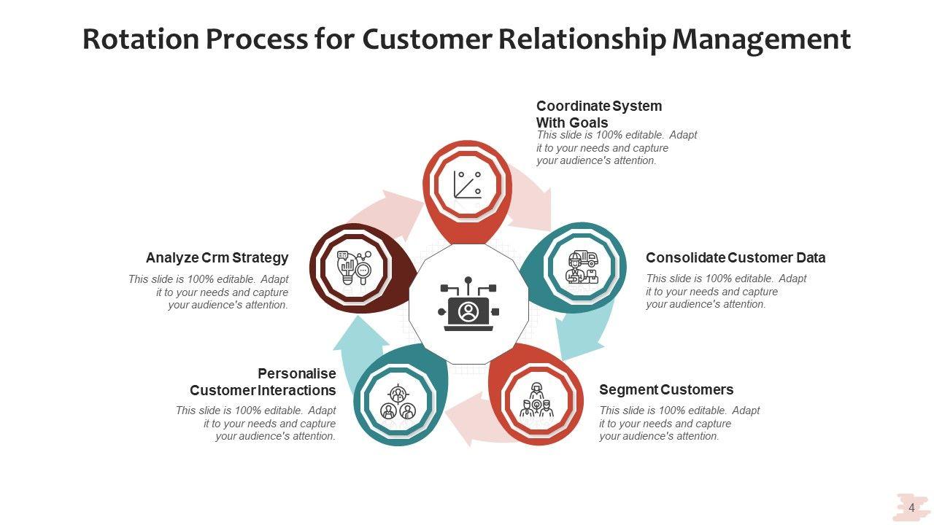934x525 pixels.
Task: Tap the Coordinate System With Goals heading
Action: [599, 114]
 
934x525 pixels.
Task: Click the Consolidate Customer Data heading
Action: [736, 257]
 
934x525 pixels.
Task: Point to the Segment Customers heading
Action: [666, 389]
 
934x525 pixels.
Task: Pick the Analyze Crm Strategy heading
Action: [217, 257]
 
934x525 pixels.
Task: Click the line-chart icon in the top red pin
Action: [468, 184]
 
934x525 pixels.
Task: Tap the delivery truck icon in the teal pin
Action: [582, 267]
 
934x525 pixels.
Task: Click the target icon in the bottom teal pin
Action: [398, 402]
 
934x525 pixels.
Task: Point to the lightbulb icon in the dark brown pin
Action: [353, 267]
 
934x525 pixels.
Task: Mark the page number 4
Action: [911, 507]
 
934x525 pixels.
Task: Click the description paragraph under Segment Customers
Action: [679, 424]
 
